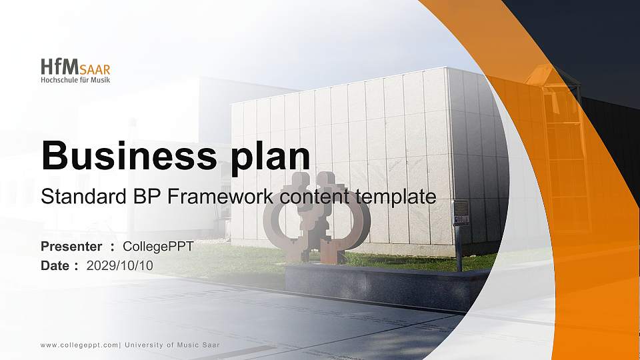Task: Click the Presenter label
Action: click(71, 247)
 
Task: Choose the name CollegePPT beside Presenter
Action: click(158, 247)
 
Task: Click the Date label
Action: click(55, 265)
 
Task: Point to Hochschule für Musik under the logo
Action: click(75, 80)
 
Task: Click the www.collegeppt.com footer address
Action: click(79, 345)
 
